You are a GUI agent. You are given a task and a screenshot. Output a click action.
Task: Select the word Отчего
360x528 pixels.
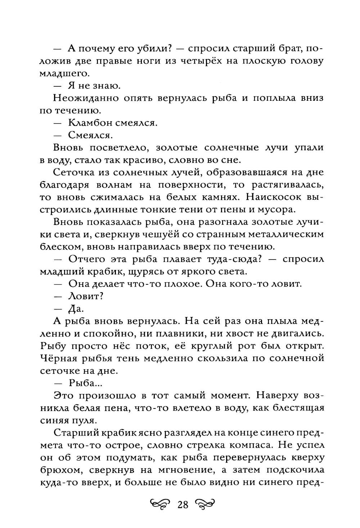click(86, 259)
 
